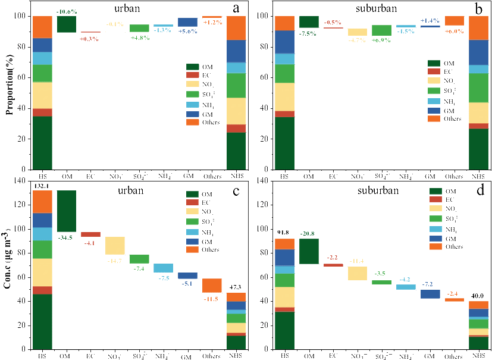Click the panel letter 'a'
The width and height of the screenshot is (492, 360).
pyautogui.click(x=236, y=8)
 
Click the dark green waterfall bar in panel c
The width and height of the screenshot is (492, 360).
pyautogui.click(x=66, y=211)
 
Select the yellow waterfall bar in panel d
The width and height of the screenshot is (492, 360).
pyautogui.click(x=357, y=273)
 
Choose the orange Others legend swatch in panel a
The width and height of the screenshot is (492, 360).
pyautogui.click(x=192, y=122)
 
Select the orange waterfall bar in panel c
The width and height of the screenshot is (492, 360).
pyautogui.click(x=212, y=285)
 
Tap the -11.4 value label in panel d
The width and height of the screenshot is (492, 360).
pyautogui.click(x=358, y=261)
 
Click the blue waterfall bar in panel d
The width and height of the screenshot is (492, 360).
pyautogui.click(x=430, y=294)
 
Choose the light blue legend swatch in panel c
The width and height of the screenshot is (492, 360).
pyautogui.click(x=192, y=231)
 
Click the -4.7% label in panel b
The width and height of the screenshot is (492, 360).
pyautogui.click(x=358, y=40)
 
